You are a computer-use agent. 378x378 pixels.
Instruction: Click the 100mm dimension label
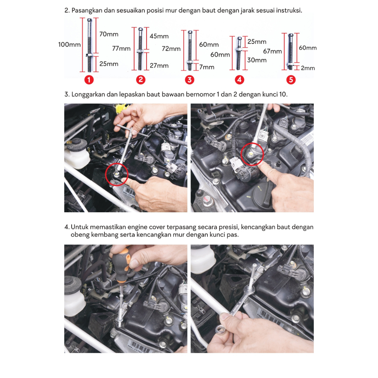pyautogui.click(x=69, y=45)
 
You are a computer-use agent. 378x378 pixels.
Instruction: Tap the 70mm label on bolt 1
pyautogui.click(x=109, y=34)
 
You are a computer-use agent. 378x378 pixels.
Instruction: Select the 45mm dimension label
pyautogui.click(x=159, y=37)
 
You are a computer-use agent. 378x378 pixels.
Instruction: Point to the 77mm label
pyautogui.click(x=121, y=49)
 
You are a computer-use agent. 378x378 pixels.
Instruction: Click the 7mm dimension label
pyautogui.click(x=207, y=67)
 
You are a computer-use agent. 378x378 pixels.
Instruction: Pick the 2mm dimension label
pyautogui.click(x=308, y=68)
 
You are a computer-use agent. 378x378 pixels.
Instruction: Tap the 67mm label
pyautogui.click(x=272, y=51)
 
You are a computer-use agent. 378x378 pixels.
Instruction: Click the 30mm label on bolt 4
pyautogui.click(x=257, y=60)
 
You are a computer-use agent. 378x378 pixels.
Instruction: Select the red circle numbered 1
pyautogui.click(x=89, y=80)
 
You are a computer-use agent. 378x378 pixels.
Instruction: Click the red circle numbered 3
pyautogui.click(x=189, y=80)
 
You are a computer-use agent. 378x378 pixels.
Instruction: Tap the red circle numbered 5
pyautogui.click(x=291, y=80)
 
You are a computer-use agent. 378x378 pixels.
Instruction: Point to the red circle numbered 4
pyautogui.click(x=239, y=80)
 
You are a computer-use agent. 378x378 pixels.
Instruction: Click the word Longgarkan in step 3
pyautogui.click(x=88, y=94)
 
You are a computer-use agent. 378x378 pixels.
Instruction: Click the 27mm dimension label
pyautogui.click(x=159, y=66)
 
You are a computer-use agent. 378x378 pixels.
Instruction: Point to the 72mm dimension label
pyautogui.click(x=171, y=49)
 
